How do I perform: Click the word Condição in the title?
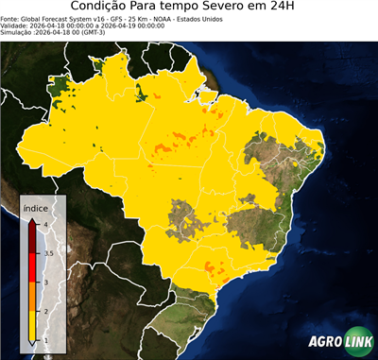pos(109,8)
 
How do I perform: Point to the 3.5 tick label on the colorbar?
pos(48,253)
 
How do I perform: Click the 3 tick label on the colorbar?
pos(45,283)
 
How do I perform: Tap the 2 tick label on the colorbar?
pos(45,312)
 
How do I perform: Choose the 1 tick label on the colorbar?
pos(45,341)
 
